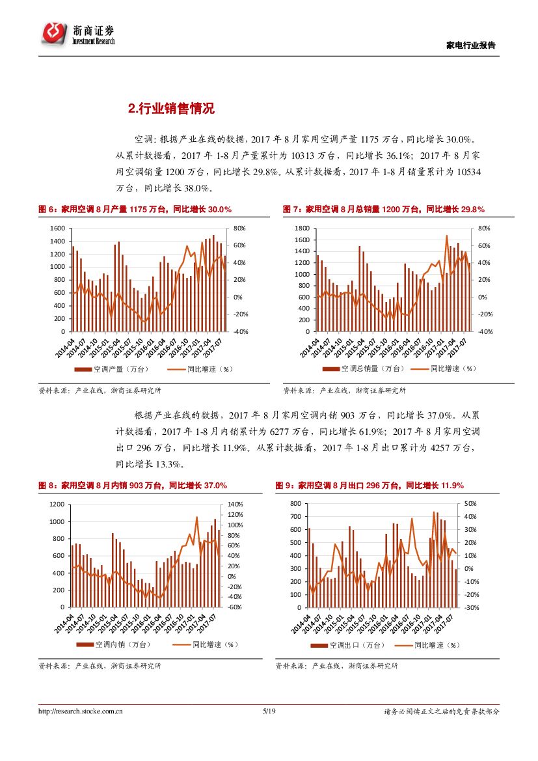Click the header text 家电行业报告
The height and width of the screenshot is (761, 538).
click(471, 46)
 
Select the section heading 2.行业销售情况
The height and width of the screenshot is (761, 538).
click(171, 109)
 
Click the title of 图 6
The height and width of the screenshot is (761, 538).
click(135, 209)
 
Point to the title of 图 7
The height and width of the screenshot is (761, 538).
click(384, 209)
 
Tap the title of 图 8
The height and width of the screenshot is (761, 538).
click(133, 486)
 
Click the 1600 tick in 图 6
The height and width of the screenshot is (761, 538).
click(57, 228)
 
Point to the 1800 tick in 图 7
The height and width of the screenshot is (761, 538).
click(301, 228)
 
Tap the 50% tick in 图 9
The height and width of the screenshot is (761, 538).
click(470, 504)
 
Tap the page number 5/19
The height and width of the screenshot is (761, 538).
click(269, 712)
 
